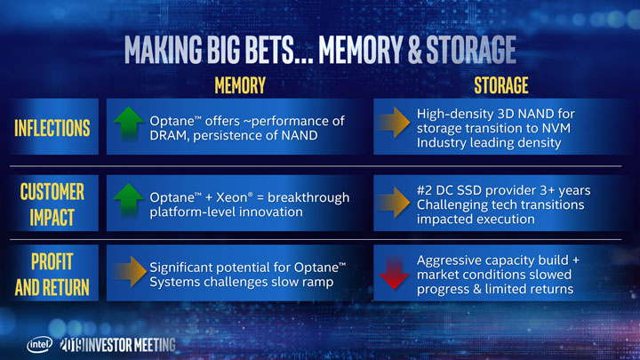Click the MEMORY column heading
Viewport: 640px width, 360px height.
coord(239,85)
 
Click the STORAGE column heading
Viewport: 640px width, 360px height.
coord(500,85)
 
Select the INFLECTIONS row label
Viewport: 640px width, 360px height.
coord(52,128)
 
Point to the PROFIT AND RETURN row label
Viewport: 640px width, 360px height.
coord(52,275)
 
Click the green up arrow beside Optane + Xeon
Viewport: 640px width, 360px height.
coord(127,202)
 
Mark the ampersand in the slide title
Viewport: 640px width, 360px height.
coord(423,50)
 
